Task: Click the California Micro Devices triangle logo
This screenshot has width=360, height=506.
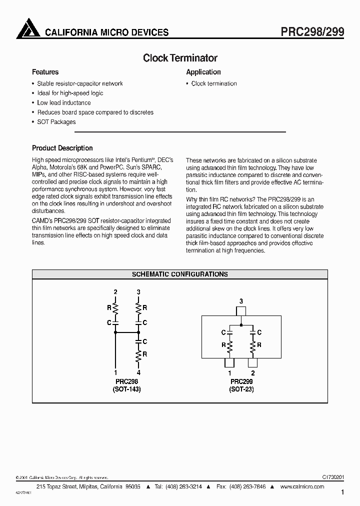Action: pyautogui.click(x=28, y=28)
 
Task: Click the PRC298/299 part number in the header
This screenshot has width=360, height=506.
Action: pyautogui.click(x=310, y=31)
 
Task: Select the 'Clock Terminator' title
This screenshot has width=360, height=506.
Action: pyautogui.click(x=180, y=58)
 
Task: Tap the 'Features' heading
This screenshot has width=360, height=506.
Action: pyautogui.click(x=45, y=72)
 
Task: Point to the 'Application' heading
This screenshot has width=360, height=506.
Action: pyautogui.click(x=203, y=72)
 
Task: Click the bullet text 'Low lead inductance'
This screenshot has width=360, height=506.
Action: pyautogui.click(x=64, y=102)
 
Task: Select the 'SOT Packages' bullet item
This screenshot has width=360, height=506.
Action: pyautogui.click(x=56, y=121)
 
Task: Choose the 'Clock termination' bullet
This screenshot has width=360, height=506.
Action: pyautogui.click(x=214, y=83)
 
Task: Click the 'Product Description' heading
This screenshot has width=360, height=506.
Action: pyautogui.click(x=62, y=148)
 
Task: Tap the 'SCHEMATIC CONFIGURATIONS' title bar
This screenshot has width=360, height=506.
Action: pyautogui.click(x=180, y=274)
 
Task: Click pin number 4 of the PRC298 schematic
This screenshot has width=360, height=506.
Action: pyautogui.click(x=139, y=372)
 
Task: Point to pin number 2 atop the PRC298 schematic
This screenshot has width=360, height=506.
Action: pyautogui.click(x=115, y=291)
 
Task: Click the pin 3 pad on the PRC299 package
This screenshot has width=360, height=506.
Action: pyautogui.click(x=241, y=311)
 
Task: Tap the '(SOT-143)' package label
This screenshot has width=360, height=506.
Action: pyautogui.click(x=126, y=389)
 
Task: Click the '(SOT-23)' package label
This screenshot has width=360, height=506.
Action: pyautogui.click(x=241, y=389)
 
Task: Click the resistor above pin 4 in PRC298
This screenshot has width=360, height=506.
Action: pyautogui.click(x=139, y=355)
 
